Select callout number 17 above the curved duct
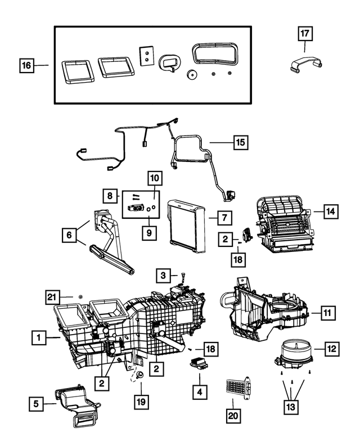[x=304, y=34]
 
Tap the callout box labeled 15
[x=240, y=142]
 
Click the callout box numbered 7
[x=223, y=217]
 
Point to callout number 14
[x=331, y=211]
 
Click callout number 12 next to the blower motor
[x=332, y=349]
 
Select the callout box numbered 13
[x=291, y=406]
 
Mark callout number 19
[x=141, y=402]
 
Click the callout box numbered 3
[x=163, y=275]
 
